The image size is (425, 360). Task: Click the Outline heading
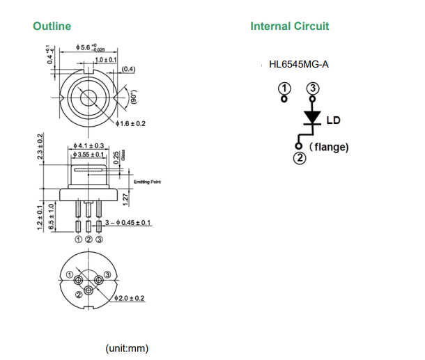[52, 26]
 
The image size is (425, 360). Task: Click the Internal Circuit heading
[289, 26]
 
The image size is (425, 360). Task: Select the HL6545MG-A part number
[298, 65]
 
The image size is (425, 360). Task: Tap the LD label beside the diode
[334, 120]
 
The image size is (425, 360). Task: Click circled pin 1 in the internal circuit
[284, 88]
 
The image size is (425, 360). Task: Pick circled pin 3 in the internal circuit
[313, 88]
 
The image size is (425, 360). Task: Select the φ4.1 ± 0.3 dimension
[88, 145]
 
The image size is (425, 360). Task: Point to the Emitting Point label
[147, 182]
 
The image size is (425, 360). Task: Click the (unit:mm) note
[127, 347]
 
